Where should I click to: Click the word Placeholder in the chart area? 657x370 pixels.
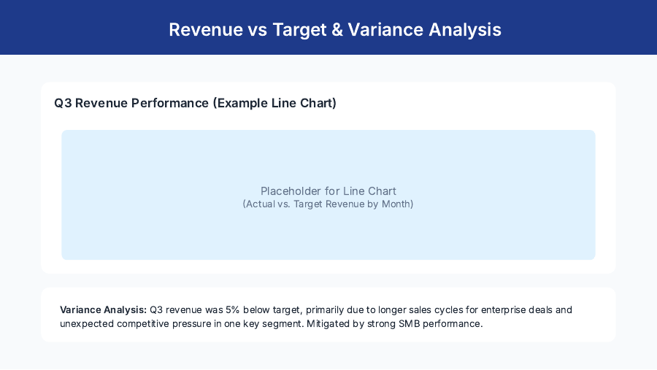tap(290, 191)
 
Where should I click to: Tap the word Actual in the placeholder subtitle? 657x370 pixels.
tap(261, 204)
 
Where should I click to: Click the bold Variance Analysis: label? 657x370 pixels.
tap(103, 309)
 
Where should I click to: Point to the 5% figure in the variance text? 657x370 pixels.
tap(232, 309)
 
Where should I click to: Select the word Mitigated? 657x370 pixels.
tap(331, 323)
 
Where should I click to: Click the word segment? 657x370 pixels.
tap(283, 323)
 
